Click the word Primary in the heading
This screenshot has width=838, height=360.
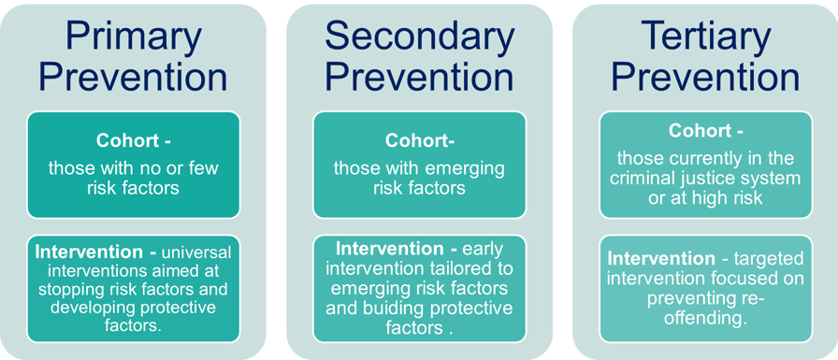133,37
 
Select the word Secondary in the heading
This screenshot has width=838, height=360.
420,36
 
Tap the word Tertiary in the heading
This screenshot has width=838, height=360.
705,37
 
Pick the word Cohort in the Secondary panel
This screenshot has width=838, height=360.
414,140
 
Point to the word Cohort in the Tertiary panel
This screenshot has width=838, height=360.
701,131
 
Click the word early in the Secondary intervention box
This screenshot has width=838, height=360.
484,250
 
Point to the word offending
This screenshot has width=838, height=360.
705,318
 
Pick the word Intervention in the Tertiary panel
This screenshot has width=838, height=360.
661,259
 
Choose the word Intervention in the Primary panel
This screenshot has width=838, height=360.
89,252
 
